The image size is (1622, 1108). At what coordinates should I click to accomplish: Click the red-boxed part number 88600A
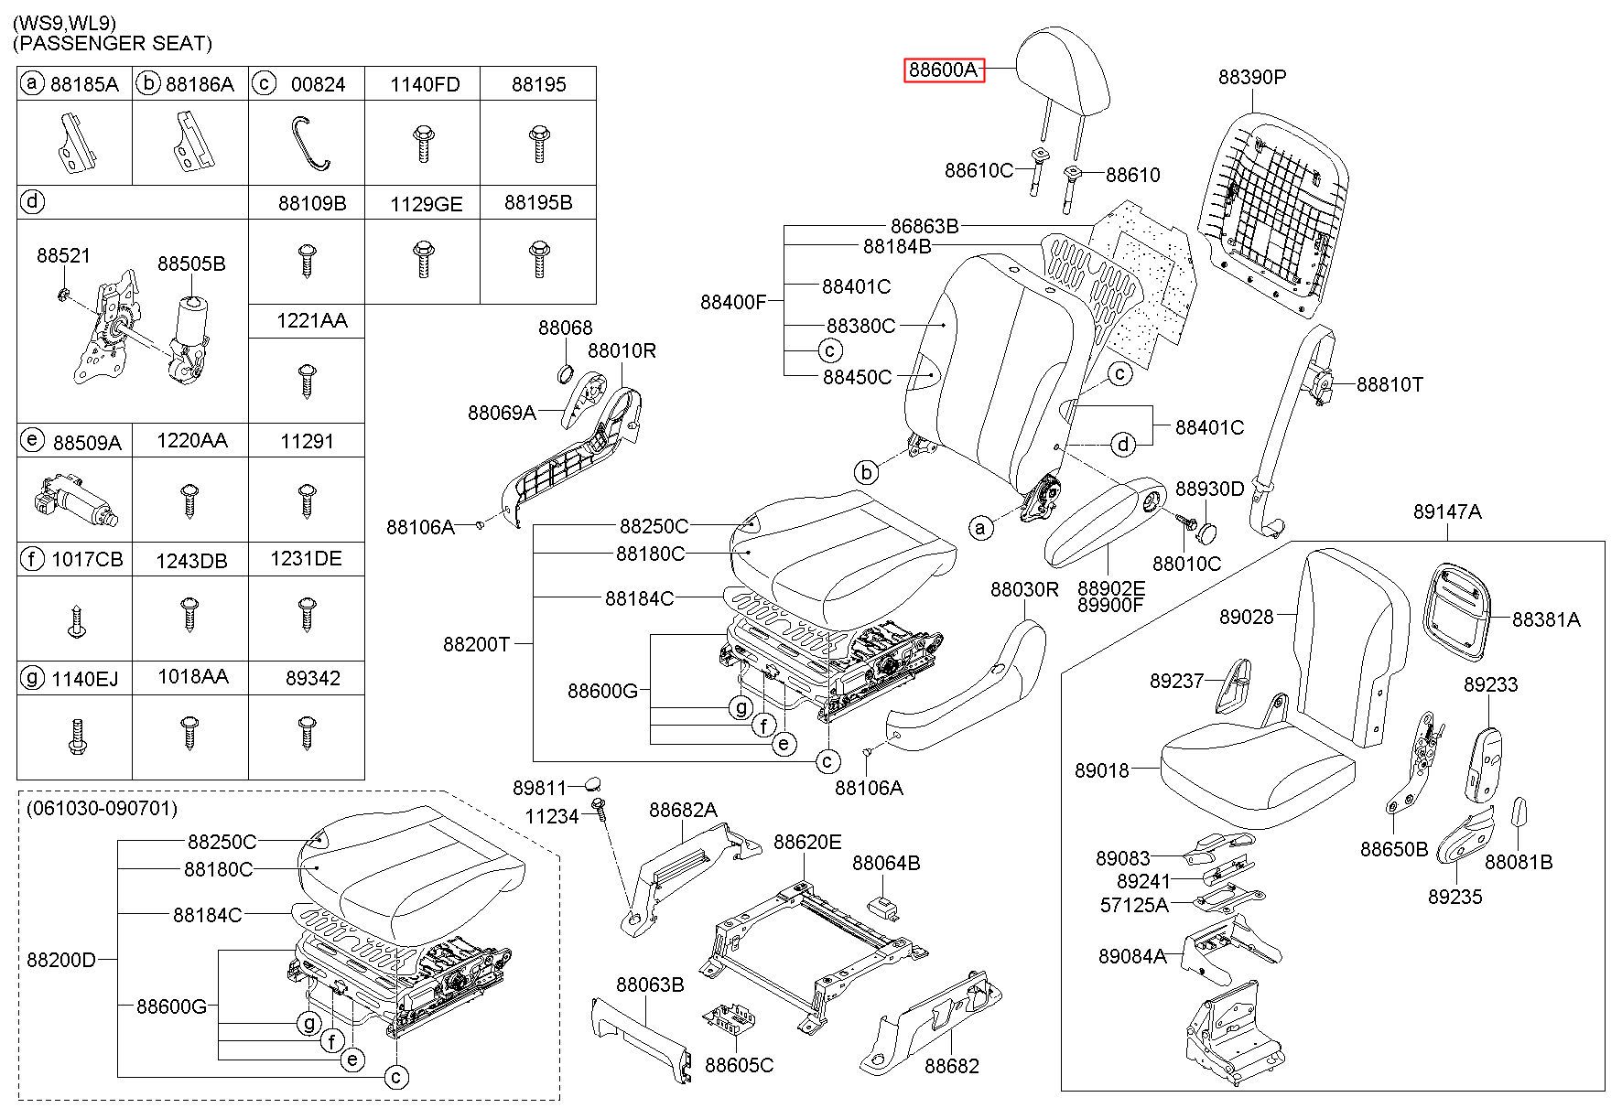click(943, 70)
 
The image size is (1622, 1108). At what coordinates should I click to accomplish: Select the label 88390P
click(1251, 77)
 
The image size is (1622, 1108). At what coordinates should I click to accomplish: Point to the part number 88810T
click(1390, 384)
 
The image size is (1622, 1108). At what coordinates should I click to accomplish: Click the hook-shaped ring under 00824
click(309, 144)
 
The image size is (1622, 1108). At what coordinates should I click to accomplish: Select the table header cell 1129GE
click(425, 203)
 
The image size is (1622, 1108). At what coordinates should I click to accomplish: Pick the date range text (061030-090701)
click(102, 809)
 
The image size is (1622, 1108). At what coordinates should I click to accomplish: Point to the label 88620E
click(807, 842)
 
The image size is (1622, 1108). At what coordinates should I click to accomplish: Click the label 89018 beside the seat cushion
click(1102, 771)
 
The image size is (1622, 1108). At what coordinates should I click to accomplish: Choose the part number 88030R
click(1024, 589)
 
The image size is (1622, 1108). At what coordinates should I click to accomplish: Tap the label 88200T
click(476, 644)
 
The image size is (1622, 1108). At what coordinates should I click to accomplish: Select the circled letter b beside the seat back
click(866, 472)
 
